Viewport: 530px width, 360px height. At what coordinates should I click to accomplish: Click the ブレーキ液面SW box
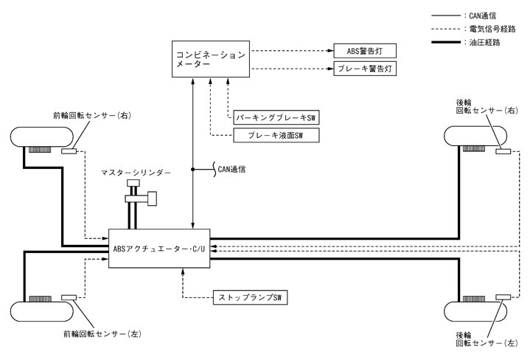pyautogui.click(x=273, y=135)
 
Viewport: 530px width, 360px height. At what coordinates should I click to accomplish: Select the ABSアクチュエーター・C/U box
pyautogui.click(x=158, y=247)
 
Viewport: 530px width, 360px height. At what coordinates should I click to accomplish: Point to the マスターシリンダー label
pyautogui.click(x=136, y=172)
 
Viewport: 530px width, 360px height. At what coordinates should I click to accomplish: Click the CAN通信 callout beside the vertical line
pyautogui.click(x=231, y=169)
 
